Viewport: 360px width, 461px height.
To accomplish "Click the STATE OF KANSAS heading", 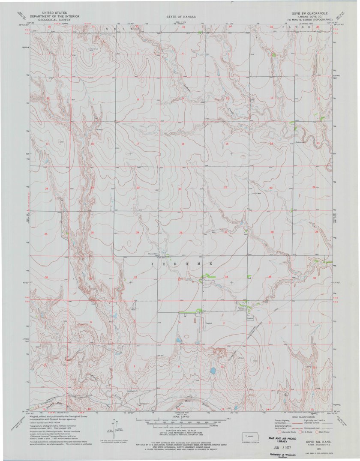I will tap(181, 17).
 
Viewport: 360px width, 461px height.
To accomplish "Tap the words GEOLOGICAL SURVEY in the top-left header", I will tap(53, 20).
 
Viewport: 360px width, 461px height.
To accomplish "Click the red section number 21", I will tap(180, 189).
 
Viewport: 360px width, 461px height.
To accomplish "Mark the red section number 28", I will tap(180, 233).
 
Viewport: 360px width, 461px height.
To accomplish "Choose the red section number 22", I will tap(225, 188).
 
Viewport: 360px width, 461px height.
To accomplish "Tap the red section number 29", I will tap(138, 232).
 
